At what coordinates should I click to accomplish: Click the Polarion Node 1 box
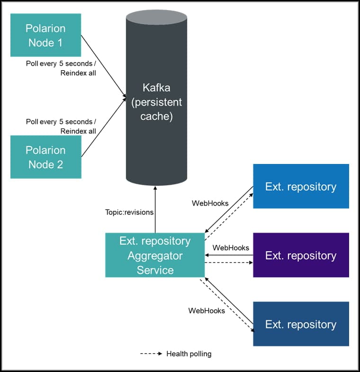click(x=45, y=36)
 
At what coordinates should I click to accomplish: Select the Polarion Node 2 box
click(x=45, y=157)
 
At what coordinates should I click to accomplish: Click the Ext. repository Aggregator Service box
click(x=155, y=255)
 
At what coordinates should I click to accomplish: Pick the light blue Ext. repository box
click(x=301, y=186)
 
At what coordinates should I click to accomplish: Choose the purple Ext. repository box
click(x=301, y=255)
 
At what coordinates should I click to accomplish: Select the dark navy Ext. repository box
click(x=301, y=324)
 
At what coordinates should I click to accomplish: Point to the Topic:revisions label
click(x=129, y=212)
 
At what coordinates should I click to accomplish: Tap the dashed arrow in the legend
click(x=152, y=354)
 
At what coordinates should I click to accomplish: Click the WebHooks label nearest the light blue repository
click(x=210, y=203)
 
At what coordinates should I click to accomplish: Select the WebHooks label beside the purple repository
click(x=231, y=247)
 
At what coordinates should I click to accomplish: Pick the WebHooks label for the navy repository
click(x=207, y=311)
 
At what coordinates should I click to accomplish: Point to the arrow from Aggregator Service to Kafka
click(x=155, y=209)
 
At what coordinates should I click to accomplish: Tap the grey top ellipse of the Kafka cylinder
click(x=156, y=17)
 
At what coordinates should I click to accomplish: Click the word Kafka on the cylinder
click(x=156, y=88)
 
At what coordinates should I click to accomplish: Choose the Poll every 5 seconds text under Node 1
click(x=61, y=63)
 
